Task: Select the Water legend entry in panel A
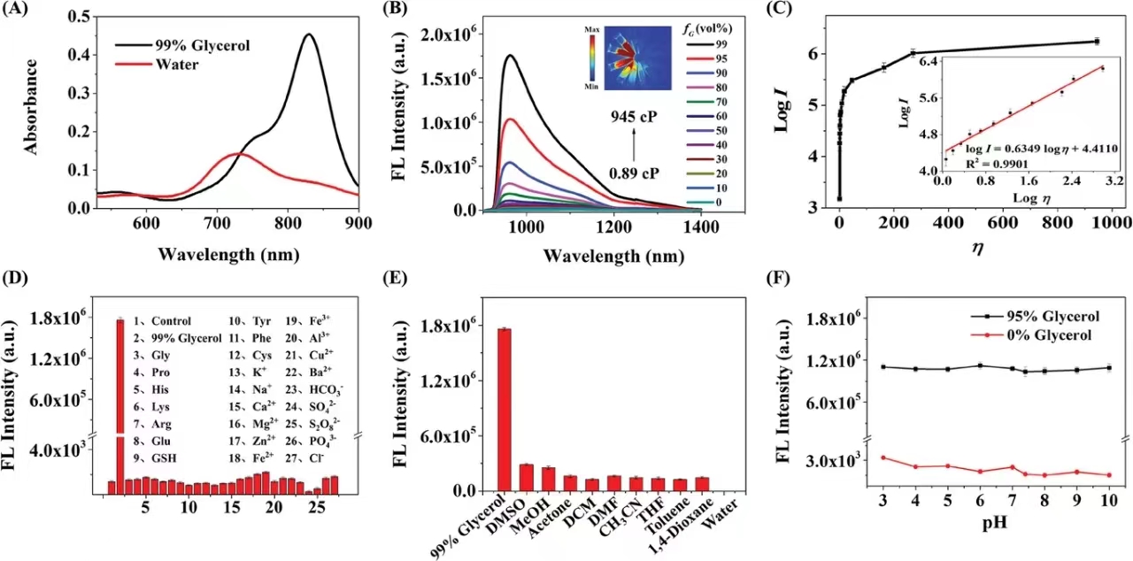(x=158, y=65)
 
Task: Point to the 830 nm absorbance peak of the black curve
(x=309, y=35)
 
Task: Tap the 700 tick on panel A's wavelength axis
(x=217, y=223)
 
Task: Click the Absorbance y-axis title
(x=30, y=107)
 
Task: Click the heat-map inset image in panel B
(x=638, y=58)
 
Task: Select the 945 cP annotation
(x=634, y=117)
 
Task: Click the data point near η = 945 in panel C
(x=1097, y=42)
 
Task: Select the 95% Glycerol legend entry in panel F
(x=1036, y=317)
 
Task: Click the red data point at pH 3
(x=883, y=457)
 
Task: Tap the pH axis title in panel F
(x=994, y=522)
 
